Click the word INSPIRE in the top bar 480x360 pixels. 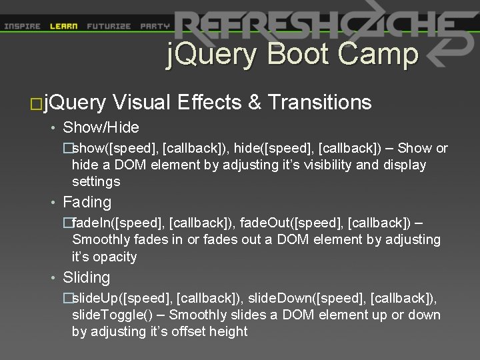point(22,27)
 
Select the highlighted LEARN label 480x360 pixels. point(64,27)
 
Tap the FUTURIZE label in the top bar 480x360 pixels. point(109,27)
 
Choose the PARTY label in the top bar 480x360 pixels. point(155,27)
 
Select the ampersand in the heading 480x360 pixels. point(255,102)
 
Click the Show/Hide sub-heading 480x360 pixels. point(101,127)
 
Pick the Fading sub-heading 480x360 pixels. point(87,202)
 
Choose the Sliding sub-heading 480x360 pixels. point(86,277)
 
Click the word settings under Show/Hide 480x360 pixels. point(96,181)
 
